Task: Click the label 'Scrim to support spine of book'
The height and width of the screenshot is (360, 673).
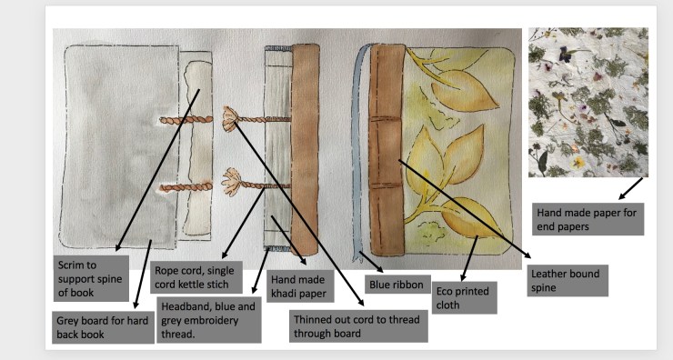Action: pyautogui.click(x=91, y=278)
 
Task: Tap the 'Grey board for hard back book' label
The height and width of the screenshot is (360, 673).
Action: pyautogui.click(x=103, y=327)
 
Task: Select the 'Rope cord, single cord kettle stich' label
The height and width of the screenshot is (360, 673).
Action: pyautogui.click(x=196, y=277)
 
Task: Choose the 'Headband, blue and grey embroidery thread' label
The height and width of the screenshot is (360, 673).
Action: pyautogui.click(x=208, y=320)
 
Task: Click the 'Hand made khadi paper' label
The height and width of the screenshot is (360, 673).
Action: pyautogui.click(x=300, y=286)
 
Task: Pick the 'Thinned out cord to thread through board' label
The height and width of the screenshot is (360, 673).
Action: pyautogui.click(x=358, y=326)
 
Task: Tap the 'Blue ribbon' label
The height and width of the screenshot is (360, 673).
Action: pyautogui.click(x=397, y=285)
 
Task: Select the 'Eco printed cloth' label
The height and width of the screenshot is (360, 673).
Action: pyautogui.click(x=464, y=298)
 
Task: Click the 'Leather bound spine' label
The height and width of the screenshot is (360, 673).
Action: pyautogui.click(x=568, y=281)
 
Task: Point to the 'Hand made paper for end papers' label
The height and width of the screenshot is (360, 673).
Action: pyautogui.click(x=588, y=219)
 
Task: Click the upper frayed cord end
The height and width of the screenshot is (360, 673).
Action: pyautogui.click(x=232, y=118)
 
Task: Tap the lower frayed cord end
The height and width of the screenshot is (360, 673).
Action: pyautogui.click(x=231, y=181)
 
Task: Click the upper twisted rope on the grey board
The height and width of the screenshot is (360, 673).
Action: pyautogui.click(x=186, y=121)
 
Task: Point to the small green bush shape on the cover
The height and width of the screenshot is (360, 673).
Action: pyautogui.click(x=431, y=231)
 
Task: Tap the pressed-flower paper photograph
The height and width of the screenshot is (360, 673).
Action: pyautogui.click(x=588, y=102)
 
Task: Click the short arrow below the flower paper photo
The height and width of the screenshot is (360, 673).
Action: pyautogui.click(x=630, y=189)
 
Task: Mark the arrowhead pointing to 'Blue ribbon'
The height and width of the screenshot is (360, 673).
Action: pyautogui.click(x=380, y=269)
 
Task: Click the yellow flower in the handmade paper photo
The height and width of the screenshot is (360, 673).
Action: pyautogui.click(x=578, y=162)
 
